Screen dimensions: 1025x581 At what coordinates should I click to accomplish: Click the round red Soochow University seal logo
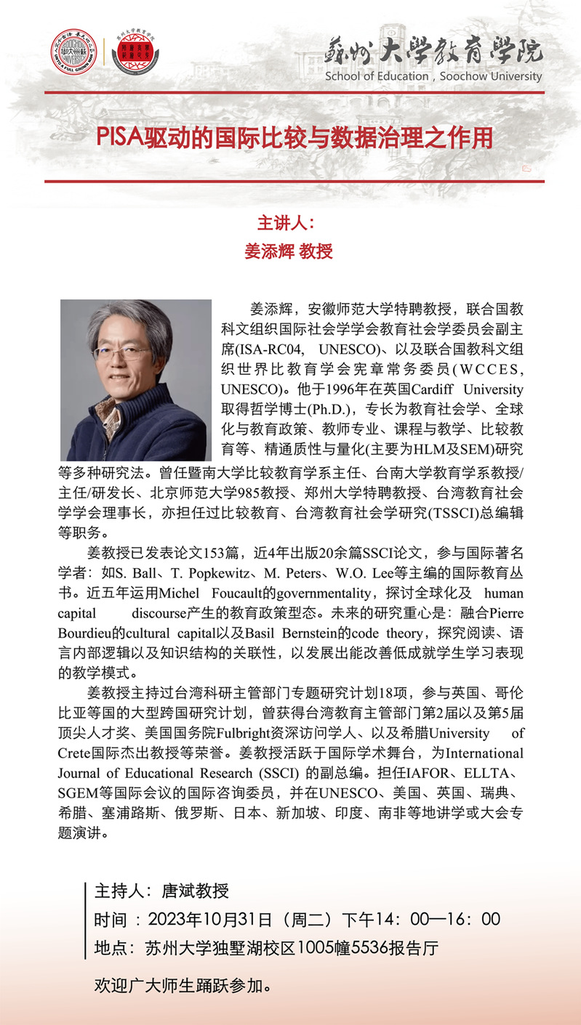pos(73,52)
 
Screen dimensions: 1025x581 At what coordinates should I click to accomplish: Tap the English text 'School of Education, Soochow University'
pos(433,76)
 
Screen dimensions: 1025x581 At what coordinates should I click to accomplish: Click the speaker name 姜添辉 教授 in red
pos(289,251)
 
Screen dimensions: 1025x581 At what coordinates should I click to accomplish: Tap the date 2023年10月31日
pos(209,919)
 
